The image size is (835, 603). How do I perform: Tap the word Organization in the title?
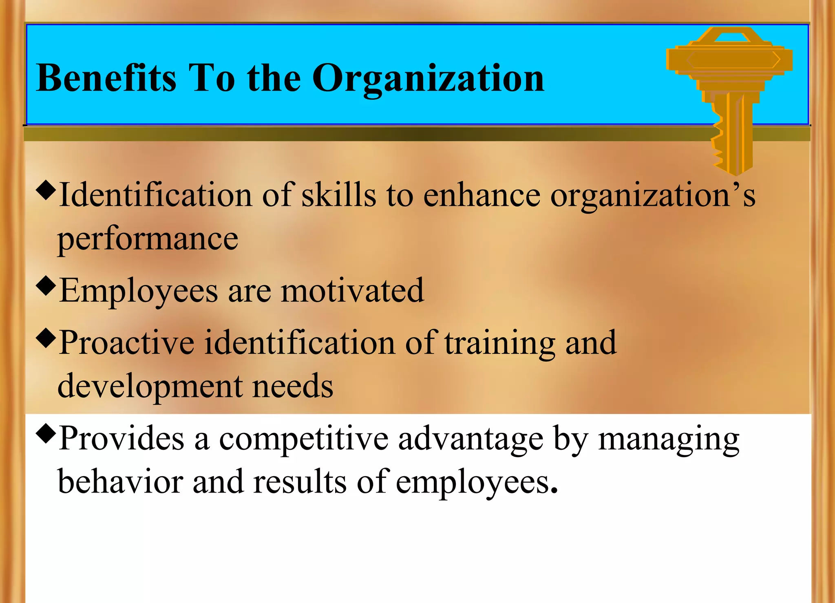pyautogui.click(x=428, y=78)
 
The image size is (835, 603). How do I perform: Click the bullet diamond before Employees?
pyautogui.click(x=45, y=286)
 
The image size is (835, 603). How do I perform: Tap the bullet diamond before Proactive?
pyautogui.click(x=45, y=338)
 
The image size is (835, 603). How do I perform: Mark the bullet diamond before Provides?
pyautogui.click(x=45, y=434)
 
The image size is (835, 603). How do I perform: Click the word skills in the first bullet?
pyautogui.click(x=338, y=195)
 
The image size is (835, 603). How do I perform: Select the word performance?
pyautogui.click(x=148, y=239)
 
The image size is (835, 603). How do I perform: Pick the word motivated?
pyautogui.click(x=352, y=291)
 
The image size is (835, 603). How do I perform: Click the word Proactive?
pyautogui.click(x=126, y=343)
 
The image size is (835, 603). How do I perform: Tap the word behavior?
pyautogui.click(x=120, y=482)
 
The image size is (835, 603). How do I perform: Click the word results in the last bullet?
pyautogui.click(x=300, y=482)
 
